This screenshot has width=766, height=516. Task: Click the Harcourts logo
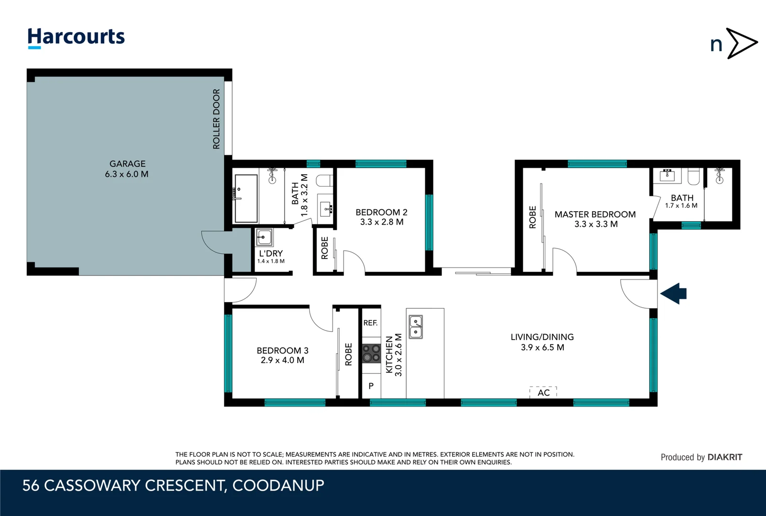tap(76, 38)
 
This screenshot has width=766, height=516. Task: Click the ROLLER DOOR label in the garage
tap(216, 119)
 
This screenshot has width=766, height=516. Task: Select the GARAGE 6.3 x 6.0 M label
tap(127, 169)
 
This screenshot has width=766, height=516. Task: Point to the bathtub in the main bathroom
tap(246, 198)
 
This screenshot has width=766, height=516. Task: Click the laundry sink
tap(264, 237)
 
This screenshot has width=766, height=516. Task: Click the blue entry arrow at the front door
tap(673, 293)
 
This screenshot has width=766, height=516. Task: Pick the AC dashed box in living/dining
tap(543, 392)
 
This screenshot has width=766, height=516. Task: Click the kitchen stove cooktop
tap(371, 353)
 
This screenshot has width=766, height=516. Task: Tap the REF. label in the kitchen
tap(371, 323)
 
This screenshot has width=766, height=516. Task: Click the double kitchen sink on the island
tap(416, 327)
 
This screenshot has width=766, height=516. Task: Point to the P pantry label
tap(371, 386)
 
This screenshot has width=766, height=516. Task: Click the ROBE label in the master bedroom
tap(532, 217)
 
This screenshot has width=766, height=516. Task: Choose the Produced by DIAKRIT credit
tap(701, 457)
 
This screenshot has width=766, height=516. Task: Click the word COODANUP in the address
tap(279, 485)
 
